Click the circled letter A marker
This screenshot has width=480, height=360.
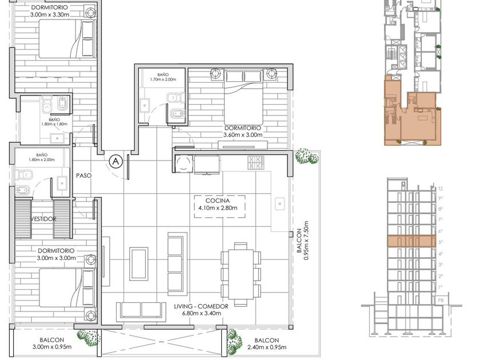pos(115,161)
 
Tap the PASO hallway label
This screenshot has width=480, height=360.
pos(83,175)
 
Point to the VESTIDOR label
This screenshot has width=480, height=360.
pos(43,219)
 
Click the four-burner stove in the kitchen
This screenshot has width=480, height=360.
pos(256,162)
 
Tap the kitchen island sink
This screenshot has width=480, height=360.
pos(280,203)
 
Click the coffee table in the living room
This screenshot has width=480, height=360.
pos(139,264)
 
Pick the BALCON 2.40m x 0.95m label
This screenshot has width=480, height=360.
pos(267,343)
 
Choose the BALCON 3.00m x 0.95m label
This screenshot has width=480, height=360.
pos(52,343)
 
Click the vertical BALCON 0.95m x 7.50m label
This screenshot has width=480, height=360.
pos(302,241)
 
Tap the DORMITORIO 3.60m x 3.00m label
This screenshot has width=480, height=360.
pos(243,131)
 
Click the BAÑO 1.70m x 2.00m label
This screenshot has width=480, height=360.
pos(163,77)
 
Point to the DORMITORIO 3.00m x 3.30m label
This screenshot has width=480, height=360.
pos(49,11)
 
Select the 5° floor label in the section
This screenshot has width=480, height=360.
pos(441,242)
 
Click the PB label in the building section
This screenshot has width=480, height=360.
pos(441,301)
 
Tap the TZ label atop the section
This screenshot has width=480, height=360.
pos(441,189)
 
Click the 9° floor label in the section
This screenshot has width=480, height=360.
pos(441,198)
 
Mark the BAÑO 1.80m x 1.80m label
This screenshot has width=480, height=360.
pos(54,122)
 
